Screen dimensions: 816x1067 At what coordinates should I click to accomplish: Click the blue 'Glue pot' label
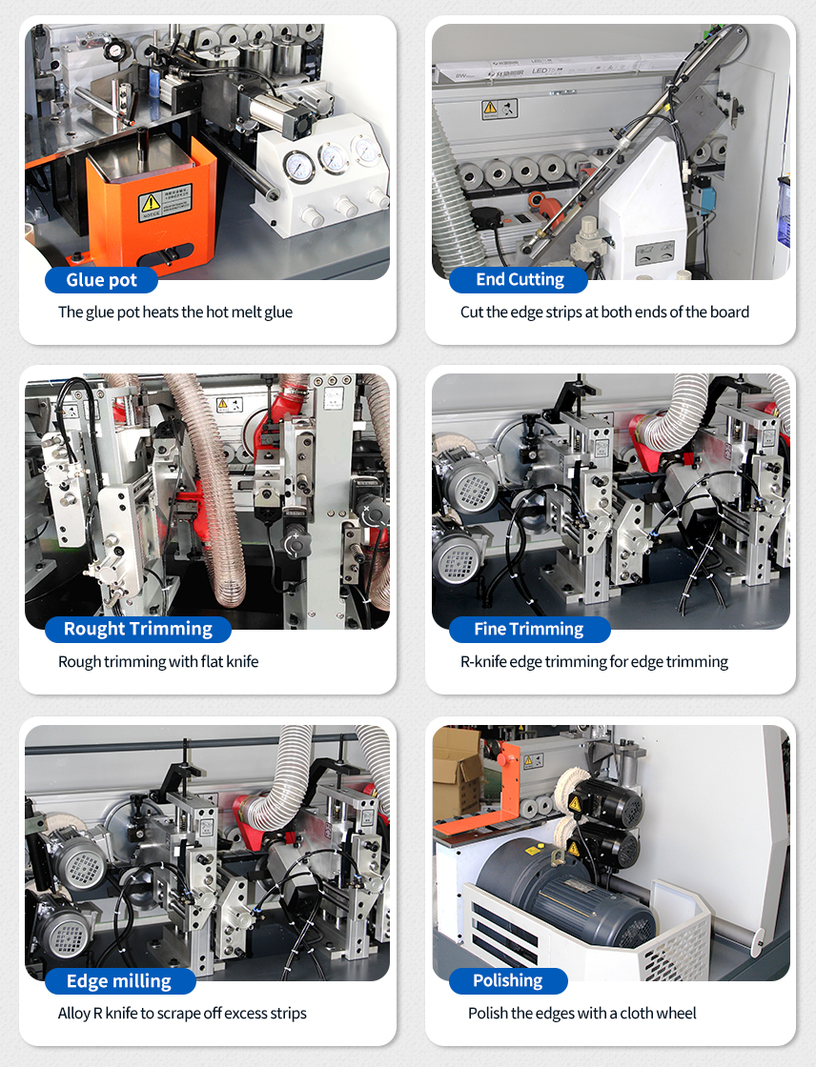101,280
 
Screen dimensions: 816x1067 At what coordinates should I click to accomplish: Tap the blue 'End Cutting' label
519,280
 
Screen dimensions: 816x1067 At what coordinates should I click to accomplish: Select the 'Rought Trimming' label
137,629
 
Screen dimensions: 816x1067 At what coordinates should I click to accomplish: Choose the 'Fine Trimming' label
529,629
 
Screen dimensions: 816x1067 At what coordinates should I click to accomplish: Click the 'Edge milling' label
119,980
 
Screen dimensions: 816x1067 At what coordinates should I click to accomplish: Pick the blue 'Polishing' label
508,980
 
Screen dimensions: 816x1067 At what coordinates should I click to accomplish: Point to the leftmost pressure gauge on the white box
298,167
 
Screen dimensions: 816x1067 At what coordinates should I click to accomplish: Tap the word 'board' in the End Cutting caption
729,312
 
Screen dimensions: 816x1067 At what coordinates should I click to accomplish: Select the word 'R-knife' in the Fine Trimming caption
483,661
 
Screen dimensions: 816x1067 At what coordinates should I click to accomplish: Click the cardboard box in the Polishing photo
458,773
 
